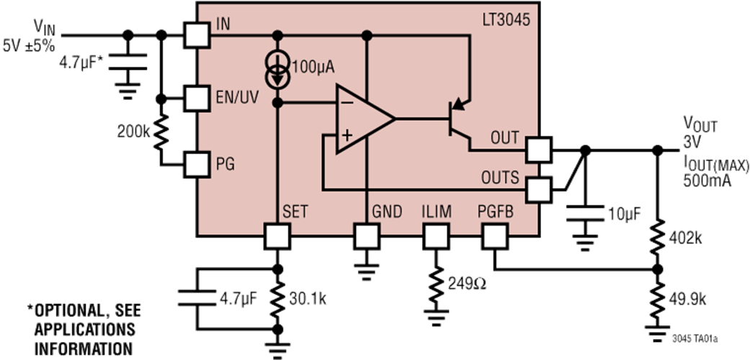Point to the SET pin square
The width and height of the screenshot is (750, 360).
[x=277, y=235]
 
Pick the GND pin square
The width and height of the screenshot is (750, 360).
[x=366, y=235]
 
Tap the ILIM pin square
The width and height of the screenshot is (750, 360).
[x=435, y=235]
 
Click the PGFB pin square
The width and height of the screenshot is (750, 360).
[x=495, y=235]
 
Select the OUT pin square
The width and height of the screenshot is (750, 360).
[x=539, y=150]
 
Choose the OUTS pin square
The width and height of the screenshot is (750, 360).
[x=539, y=189]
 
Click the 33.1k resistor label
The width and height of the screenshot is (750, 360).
[x=306, y=299]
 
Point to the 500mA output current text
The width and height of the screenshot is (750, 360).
[x=707, y=181]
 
